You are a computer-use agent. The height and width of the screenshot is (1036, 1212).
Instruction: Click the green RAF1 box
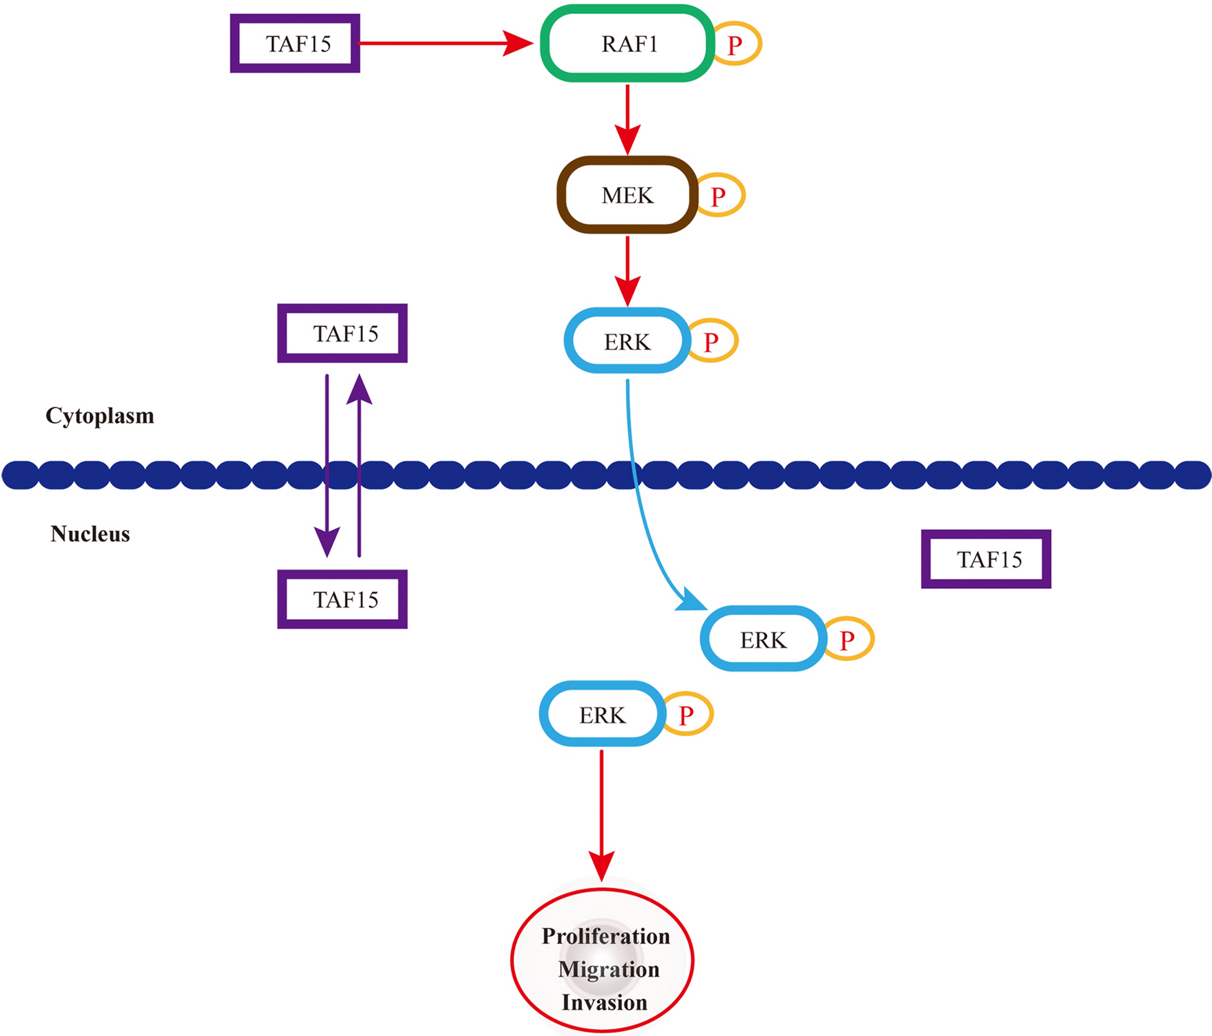coord(627,44)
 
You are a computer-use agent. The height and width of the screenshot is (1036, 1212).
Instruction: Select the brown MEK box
coord(627,196)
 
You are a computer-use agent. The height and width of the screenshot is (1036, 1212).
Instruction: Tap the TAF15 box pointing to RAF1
coord(295,44)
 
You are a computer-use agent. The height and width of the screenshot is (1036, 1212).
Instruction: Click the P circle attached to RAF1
coord(736,45)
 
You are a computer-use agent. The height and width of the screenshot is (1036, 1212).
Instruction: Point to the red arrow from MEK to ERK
coord(627,269)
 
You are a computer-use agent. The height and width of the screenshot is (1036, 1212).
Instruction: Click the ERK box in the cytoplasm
coord(627,341)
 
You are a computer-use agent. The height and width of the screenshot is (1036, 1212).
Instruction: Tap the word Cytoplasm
coord(100,416)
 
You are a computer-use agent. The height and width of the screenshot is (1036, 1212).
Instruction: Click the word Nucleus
coord(90,534)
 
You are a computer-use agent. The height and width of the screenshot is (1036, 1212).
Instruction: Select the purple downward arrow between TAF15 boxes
coord(327,466)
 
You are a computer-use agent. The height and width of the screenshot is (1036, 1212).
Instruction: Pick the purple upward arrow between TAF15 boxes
coord(359,466)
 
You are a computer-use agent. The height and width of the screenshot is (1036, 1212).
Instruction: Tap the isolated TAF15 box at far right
coord(986,559)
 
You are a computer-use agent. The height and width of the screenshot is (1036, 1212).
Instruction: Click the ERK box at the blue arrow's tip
coord(763,640)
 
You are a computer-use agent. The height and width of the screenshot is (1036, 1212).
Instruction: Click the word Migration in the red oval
coord(608,970)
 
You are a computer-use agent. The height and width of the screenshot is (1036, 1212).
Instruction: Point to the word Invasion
coord(604,1002)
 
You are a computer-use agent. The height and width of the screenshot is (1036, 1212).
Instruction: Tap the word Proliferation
coord(605,936)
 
